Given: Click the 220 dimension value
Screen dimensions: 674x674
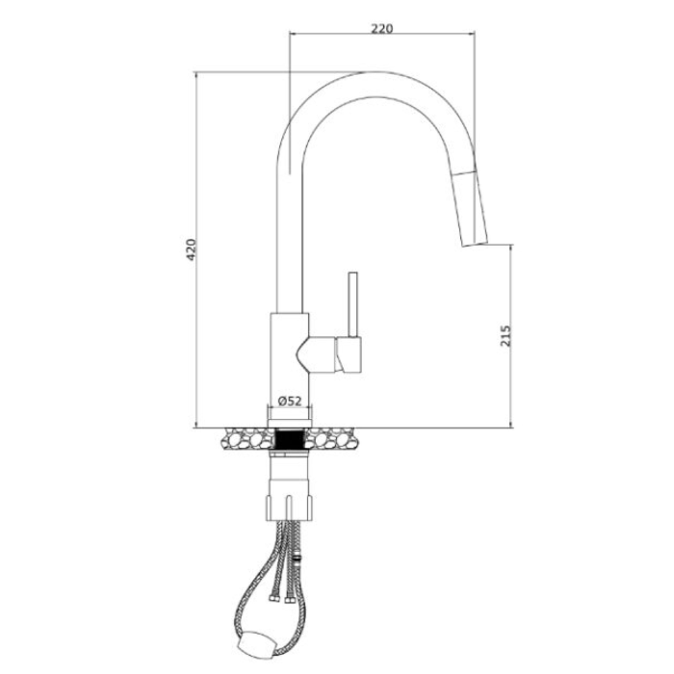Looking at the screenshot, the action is (x=382, y=28).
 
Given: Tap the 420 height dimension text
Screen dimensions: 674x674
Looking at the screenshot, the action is (x=191, y=248).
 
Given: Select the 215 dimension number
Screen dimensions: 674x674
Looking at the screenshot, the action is (x=505, y=336).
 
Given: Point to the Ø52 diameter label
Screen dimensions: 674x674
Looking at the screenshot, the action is (x=290, y=402).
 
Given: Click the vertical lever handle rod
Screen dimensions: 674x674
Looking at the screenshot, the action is (x=353, y=304).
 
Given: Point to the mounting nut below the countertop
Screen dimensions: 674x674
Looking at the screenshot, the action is (x=289, y=508).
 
